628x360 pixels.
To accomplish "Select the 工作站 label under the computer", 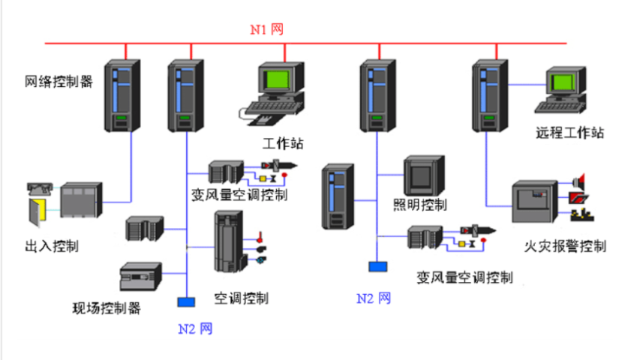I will pos(282,143).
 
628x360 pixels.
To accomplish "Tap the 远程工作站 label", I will pos(570,133).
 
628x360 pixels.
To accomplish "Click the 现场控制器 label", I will pos(106,307).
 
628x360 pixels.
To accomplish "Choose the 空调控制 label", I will pos(241,298).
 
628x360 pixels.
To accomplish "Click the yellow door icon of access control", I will pos(38,210).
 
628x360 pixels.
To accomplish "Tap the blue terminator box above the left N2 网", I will pos(185,302).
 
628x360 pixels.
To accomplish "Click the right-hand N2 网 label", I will pos(374,298).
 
